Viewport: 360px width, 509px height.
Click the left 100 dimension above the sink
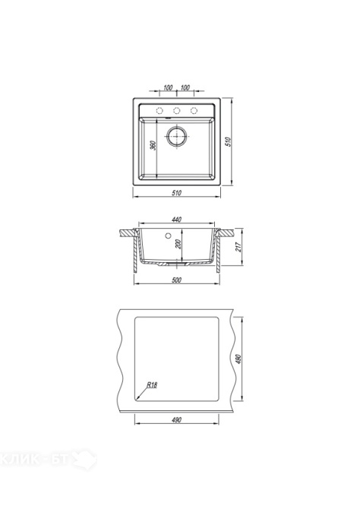tap(168, 87)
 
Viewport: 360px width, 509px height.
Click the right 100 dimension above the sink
tap(185, 87)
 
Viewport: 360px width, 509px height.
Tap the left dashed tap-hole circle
tap(159, 111)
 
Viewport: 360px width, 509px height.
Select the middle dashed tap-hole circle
tap(177, 111)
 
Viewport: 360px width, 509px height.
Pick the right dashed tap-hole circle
tap(194, 111)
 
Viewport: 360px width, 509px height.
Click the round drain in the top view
tap(177, 136)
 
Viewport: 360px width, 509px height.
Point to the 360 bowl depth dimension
tap(154, 145)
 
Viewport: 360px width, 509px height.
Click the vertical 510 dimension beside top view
tap(229, 142)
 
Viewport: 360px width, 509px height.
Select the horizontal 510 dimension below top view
tap(176, 193)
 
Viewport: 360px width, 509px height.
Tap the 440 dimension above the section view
tap(176, 220)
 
